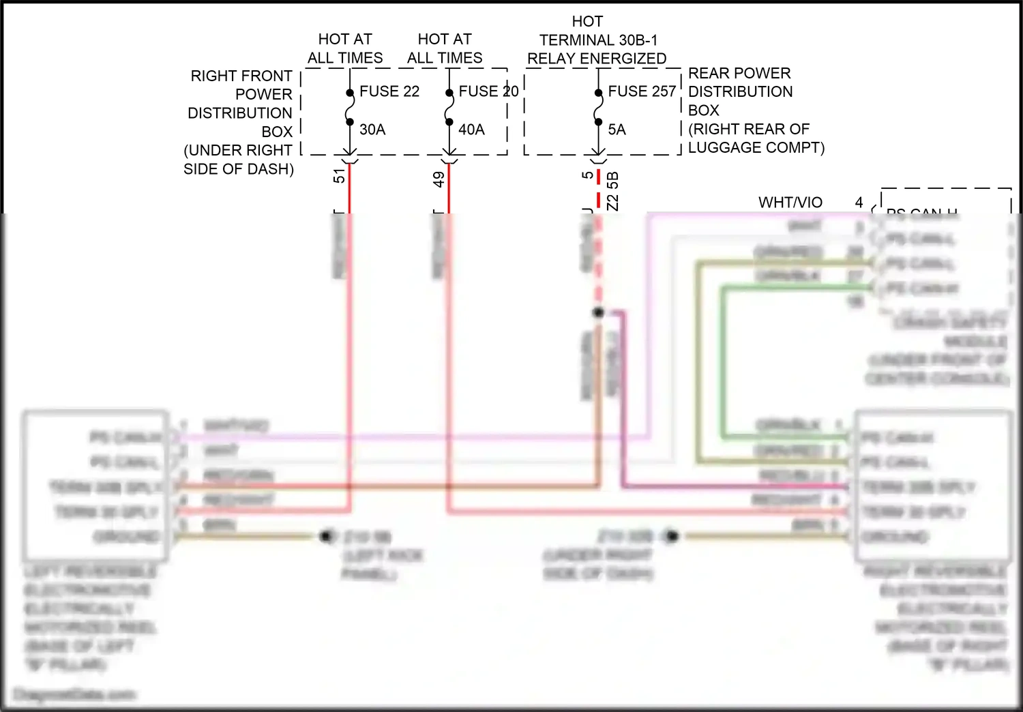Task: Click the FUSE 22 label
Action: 389,91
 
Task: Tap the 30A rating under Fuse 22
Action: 372,130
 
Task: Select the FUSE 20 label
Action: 488,91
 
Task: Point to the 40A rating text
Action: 471,130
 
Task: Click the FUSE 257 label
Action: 642,91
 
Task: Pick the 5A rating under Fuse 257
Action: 617,130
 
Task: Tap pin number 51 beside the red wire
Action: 339,176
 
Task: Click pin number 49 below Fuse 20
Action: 439,179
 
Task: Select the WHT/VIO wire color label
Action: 790,203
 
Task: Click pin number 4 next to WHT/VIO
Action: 859,203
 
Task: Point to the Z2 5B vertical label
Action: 612,191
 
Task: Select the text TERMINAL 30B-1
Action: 598,40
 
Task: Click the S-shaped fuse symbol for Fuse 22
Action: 350,108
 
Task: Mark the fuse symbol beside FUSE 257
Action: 598,108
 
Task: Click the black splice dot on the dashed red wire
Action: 598,312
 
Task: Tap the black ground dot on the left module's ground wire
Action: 327,536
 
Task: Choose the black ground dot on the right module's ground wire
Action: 672,536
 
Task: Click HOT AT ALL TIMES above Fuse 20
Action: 445,48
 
